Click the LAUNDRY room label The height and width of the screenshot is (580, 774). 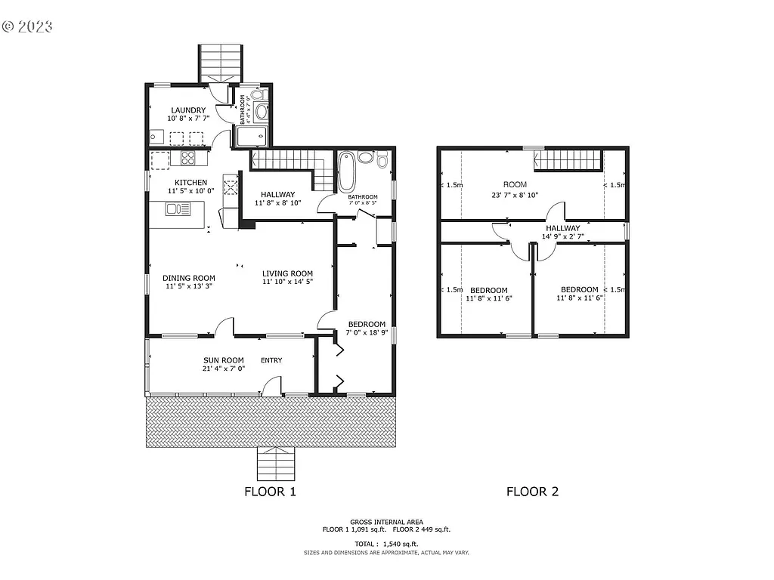pos(187,110)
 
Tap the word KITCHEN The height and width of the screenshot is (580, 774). pos(190,183)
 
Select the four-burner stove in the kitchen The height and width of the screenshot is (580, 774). pos(187,158)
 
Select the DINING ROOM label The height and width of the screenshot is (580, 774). pos(189,278)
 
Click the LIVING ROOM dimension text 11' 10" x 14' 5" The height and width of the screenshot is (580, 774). pos(287,282)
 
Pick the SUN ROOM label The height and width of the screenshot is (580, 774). pos(223,360)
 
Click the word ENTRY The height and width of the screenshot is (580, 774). pos(271,360)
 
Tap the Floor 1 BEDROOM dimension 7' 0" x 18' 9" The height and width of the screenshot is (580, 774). pos(367,332)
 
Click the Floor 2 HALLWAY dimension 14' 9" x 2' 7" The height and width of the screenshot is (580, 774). pos(562,236)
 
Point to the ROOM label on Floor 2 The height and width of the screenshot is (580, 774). pos(515,184)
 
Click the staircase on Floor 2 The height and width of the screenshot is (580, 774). pos(568,159)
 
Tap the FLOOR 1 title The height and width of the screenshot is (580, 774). pos(270,492)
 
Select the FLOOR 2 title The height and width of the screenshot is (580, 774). pos(532,492)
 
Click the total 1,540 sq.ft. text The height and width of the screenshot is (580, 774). pos(386,544)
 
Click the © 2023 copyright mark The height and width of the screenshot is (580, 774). pos(27,26)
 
